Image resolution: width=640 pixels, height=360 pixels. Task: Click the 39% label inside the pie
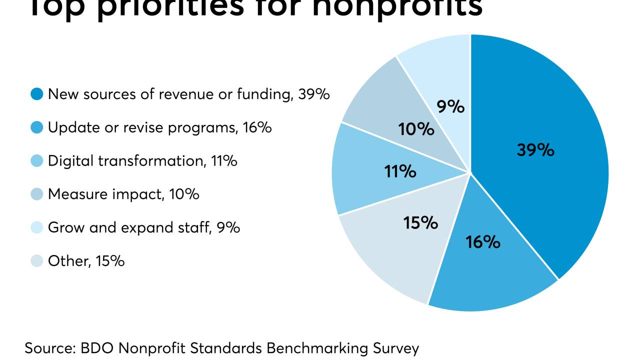[x=535, y=150]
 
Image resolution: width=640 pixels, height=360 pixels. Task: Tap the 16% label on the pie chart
[x=483, y=242]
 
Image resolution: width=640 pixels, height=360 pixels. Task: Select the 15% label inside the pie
[x=420, y=223]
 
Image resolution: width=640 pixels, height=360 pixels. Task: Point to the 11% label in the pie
[x=400, y=171]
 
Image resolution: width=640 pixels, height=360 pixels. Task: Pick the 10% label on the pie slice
[x=416, y=129]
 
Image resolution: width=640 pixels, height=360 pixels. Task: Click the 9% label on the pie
[x=451, y=107]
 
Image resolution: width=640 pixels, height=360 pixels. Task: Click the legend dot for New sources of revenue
[x=37, y=94]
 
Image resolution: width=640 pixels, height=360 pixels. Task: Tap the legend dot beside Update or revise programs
[x=37, y=127]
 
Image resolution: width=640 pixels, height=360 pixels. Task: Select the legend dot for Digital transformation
[x=37, y=161]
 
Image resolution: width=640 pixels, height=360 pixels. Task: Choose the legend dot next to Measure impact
[x=37, y=194]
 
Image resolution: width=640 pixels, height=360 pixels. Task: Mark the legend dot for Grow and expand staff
[x=37, y=227]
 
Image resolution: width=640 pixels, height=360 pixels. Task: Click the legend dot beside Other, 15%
[x=37, y=261]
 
